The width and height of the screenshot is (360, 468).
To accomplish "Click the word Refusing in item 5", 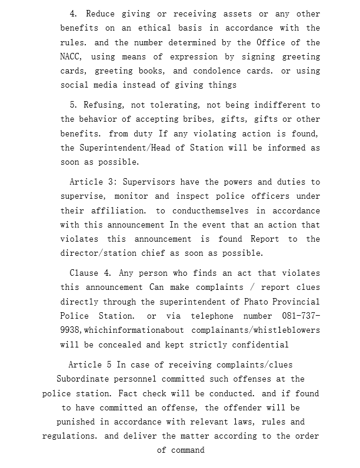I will click(x=102, y=105).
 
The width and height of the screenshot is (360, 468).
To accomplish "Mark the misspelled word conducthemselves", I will click(x=211, y=210).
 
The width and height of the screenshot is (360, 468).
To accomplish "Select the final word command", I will click(x=188, y=450).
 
